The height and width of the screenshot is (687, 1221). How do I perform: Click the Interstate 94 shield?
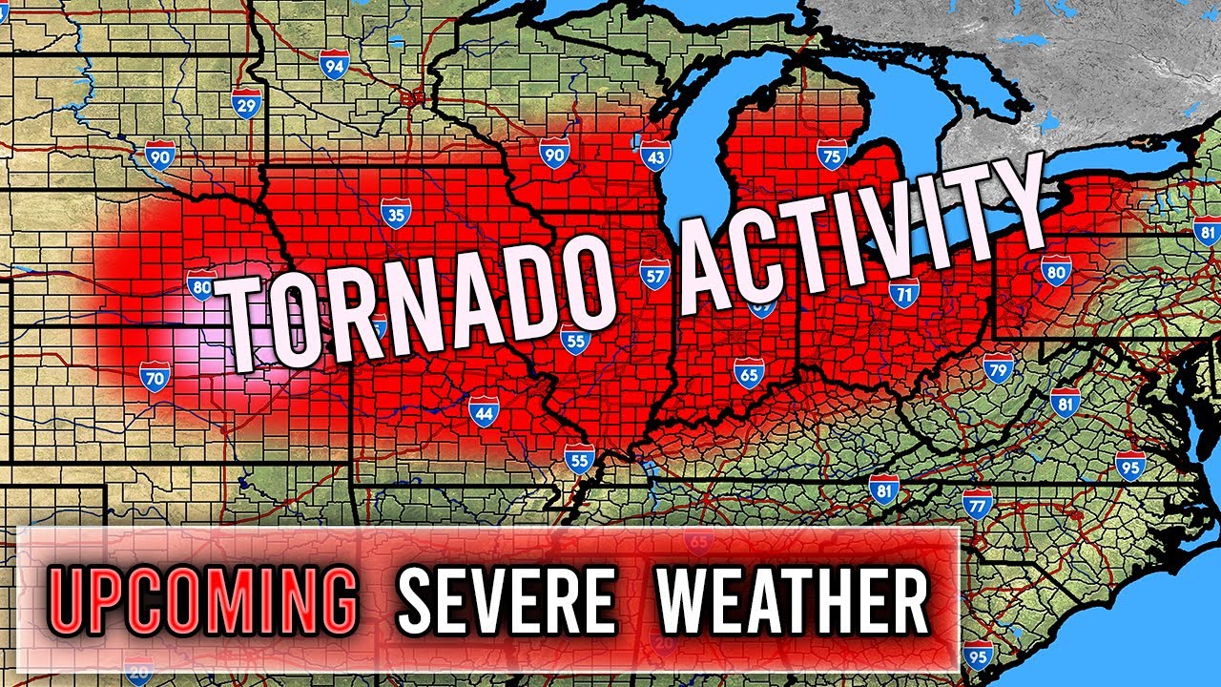pos(333,66)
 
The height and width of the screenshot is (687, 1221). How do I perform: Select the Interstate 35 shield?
pos(395,213)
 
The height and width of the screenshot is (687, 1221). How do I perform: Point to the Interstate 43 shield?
pos(654,156)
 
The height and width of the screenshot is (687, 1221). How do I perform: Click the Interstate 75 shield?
pos(832,155)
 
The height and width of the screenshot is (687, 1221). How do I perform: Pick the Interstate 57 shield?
pos(654,275)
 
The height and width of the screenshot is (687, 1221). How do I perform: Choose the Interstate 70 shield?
pos(155,377)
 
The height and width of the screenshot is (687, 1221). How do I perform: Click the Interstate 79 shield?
pos(998,367)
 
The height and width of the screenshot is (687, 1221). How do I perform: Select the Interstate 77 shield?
pos(977,503)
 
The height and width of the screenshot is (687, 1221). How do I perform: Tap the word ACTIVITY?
pos(859,234)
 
